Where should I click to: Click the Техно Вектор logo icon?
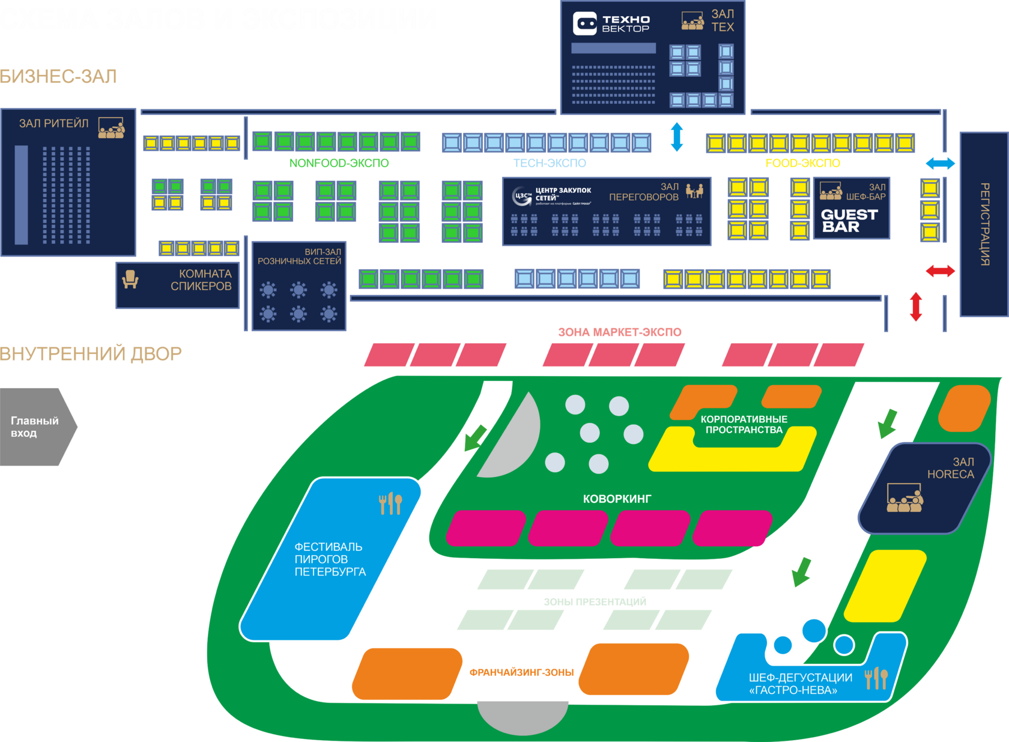coord(584,24)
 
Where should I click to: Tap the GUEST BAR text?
coord(849,220)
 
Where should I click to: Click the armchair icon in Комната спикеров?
coord(130,279)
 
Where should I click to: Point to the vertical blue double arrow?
coord(677,137)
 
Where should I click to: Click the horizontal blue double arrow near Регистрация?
coord(940,163)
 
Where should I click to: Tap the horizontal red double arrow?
coord(940,271)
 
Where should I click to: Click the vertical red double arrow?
coord(916,306)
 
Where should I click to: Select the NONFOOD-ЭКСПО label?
coord(339,163)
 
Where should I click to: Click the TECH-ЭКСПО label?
coord(550,163)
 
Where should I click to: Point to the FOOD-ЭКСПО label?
coord(802,163)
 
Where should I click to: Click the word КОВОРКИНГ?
coord(617,499)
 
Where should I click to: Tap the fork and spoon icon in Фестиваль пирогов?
coord(390,503)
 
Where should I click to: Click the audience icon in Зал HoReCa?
coord(904,499)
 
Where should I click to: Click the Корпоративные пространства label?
coord(744,424)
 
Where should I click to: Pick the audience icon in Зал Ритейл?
coord(111,128)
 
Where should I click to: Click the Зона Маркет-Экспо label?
coord(619,332)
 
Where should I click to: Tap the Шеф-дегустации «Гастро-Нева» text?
coord(800,684)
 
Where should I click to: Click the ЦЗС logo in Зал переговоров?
coord(522,195)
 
